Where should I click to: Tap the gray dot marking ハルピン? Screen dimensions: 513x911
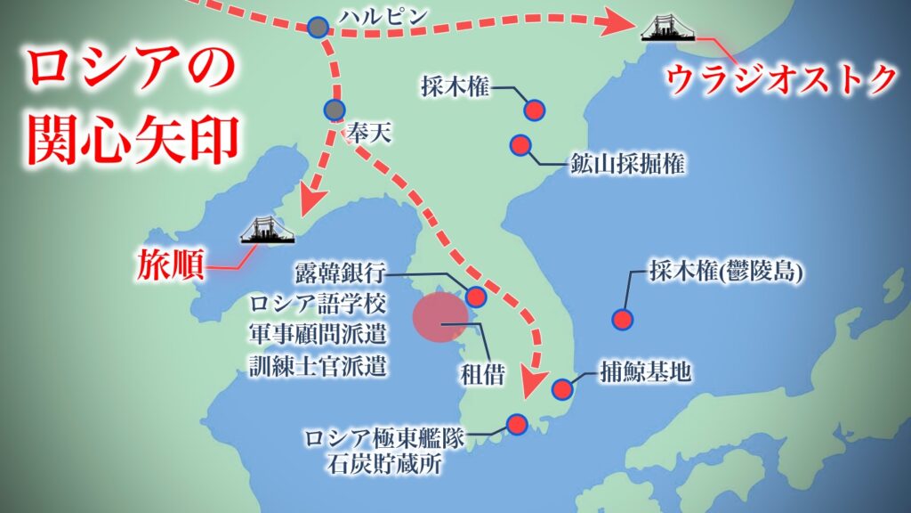pos(318,28)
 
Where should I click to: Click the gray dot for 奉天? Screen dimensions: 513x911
pos(334,110)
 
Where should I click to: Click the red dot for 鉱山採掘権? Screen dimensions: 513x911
pos(520,144)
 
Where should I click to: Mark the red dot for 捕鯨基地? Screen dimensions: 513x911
pos(562,389)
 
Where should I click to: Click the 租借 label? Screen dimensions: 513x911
pos(482,375)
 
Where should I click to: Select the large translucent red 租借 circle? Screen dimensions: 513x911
pos(441,317)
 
